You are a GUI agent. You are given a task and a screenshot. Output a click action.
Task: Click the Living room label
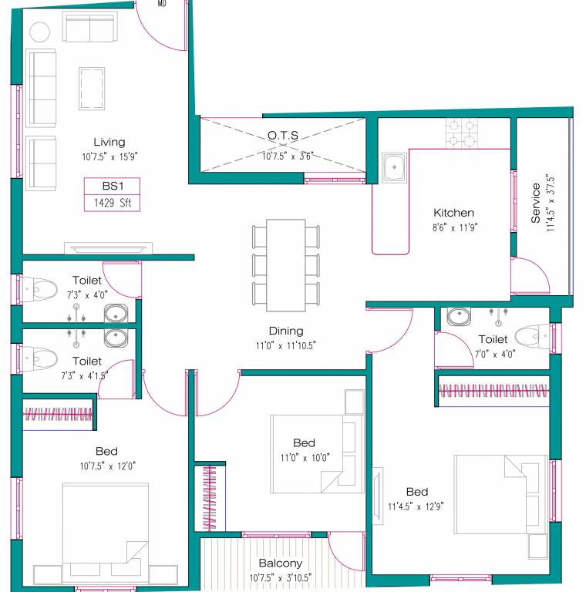coord(109,142)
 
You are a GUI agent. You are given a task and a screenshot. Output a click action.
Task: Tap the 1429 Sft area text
coord(112,203)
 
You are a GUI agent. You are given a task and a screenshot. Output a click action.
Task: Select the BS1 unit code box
coord(112,186)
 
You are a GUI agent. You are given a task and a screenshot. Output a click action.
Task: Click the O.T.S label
coord(283,135)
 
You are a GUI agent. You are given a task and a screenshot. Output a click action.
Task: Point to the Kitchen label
coord(453,213)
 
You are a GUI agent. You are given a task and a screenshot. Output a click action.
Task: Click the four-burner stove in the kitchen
coord(461,132)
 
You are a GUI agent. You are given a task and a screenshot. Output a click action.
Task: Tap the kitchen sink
coord(394,166)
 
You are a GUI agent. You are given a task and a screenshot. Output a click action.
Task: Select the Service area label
coord(536,203)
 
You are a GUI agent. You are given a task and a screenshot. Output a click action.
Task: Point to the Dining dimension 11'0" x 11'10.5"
coord(286,345)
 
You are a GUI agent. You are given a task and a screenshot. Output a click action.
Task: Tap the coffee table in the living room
coord(91,89)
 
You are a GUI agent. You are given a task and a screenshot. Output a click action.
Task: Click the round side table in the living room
coord(39,32)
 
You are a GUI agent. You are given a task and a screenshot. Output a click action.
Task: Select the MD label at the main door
coord(162,4)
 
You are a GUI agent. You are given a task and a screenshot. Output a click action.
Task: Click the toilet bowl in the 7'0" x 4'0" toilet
coord(532,337)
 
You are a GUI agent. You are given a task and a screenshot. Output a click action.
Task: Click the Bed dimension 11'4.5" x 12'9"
coord(416,506)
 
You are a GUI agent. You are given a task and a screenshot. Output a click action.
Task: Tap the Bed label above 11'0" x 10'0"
coord(304,442)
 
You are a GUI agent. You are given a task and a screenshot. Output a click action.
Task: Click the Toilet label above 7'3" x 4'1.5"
coord(86,361)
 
